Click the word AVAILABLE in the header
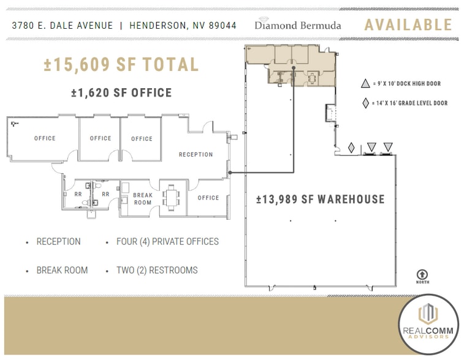pos(408,25)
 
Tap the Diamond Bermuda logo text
pos(298,25)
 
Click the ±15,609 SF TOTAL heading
pos(121,65)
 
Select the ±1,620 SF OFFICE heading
pos(121,93)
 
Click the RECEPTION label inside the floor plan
pos(196,155)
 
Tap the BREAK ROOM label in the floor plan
pos(143,199)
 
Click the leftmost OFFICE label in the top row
pos(45,138)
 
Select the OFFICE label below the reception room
pos(208,198)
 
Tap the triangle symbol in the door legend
pos(366,84)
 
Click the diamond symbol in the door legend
pos(366,103)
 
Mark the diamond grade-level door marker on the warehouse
pos(352,148)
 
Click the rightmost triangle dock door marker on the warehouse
pos(387,147)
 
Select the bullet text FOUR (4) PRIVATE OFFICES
pos(167,242)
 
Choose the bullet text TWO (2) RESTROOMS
pos(157,270)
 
